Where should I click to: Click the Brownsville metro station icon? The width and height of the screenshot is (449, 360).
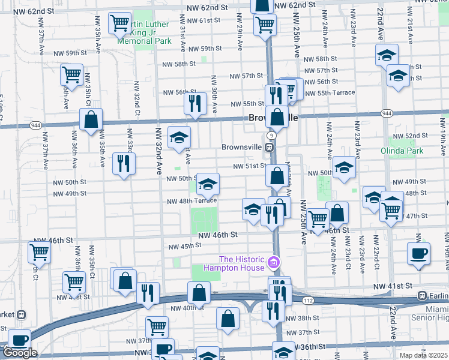tap(270, 146)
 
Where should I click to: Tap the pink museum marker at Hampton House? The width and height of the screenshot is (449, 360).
tap(274, 262)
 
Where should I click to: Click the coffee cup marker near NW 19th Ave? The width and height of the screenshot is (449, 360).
tap(418, 252)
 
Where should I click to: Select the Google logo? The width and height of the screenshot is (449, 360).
tap(20, 353)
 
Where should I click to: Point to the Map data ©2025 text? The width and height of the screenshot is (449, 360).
tap(423, 355)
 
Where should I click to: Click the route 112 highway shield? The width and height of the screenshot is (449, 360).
tap(309, 299)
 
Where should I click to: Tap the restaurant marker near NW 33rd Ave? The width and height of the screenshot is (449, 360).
tap(124, 163)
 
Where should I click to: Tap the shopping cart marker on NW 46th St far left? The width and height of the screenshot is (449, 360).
tap(40, 252)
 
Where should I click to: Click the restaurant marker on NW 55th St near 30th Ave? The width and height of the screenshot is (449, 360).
tap(195, 103)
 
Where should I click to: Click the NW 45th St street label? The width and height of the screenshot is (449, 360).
tap(184, 247)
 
